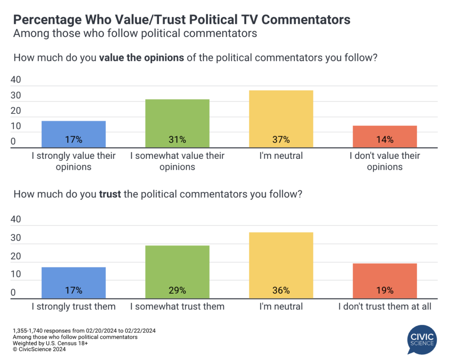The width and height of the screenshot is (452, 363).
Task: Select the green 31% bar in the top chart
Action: point(177,123)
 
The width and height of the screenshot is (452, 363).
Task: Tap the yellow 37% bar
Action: point(281,119)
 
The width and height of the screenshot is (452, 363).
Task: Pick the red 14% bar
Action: point(385,137)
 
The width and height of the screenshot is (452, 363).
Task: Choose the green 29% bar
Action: point(177,272)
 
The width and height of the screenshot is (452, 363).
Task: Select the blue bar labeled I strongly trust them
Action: point(73,283)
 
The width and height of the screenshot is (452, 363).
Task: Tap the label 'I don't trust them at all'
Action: point(385,307)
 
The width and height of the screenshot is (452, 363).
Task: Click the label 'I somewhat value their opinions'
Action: point(177,161)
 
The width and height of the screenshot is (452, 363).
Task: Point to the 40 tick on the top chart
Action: point(16,80)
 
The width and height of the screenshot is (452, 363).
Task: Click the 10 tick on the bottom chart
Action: point(16,274)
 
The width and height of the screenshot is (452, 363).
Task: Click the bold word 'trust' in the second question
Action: point(110,195)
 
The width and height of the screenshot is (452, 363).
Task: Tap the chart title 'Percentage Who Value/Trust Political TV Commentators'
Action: point(182,20)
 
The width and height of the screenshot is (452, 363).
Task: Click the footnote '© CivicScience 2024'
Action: point(40,349)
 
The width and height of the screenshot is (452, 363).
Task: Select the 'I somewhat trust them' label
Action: point(177,307)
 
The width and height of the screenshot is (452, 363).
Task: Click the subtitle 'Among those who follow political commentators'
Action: point(135,34)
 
